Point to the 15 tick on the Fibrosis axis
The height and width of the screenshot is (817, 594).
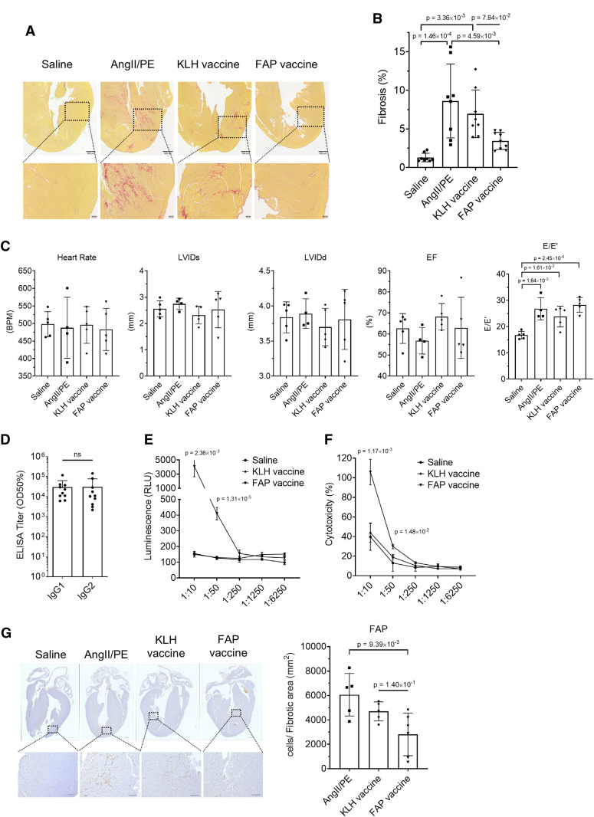point(411,51)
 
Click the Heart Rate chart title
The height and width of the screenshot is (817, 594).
point(84,258)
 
